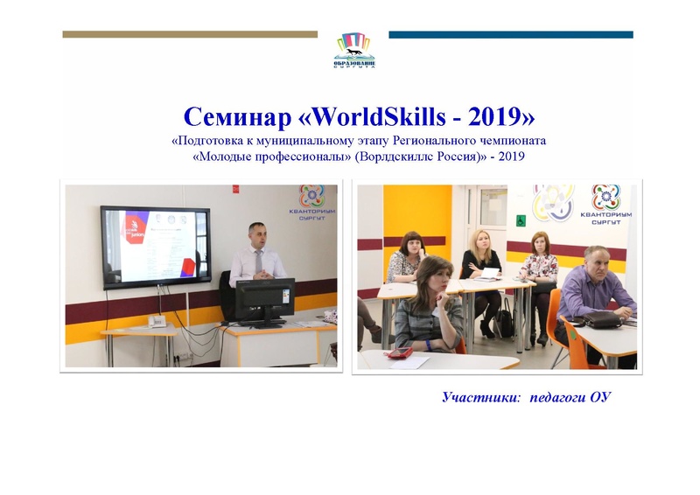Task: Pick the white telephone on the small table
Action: point(158,321)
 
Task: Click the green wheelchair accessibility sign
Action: point(520,220)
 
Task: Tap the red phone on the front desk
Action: point(401,352)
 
